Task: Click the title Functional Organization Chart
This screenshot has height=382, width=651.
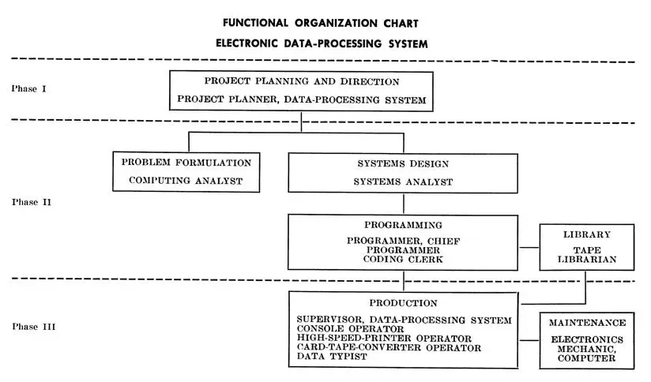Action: pyautogui.click(x=322, y=22)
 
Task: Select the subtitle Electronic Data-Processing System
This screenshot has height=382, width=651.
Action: pyautogui.click(x=322, y=43)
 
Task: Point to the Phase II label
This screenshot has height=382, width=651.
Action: pyautogui.click(x=32, y=202)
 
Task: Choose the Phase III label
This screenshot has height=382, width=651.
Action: pyautogui.click(x=33, y=326)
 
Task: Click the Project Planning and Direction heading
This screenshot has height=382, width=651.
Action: pyautogui.click(x=302, y=81)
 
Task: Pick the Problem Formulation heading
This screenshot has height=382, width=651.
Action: pyautogui.click(x=186, y=163)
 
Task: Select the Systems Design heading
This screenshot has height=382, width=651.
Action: pyautogui.click(x=403, y=163)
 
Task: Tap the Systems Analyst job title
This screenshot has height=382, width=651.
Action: pyautogui.click(x=403, y=182)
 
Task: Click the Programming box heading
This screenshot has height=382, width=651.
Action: pyautogui.click(x=403, y=225)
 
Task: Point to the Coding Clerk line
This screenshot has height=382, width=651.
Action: pyautogui.click(x=403, y=259)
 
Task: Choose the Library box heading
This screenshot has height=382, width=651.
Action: pyautogui.click(x=588, y=235)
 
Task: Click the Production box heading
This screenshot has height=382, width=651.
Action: pyautogui.click(x=403, y=303)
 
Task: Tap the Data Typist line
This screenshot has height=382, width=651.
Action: pyautogui.click(x=333, y=357)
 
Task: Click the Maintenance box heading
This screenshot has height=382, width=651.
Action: pyautogui.click(x=588, y=323)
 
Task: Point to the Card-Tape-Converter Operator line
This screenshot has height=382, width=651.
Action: pyautogui.click(x=389, y=347)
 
